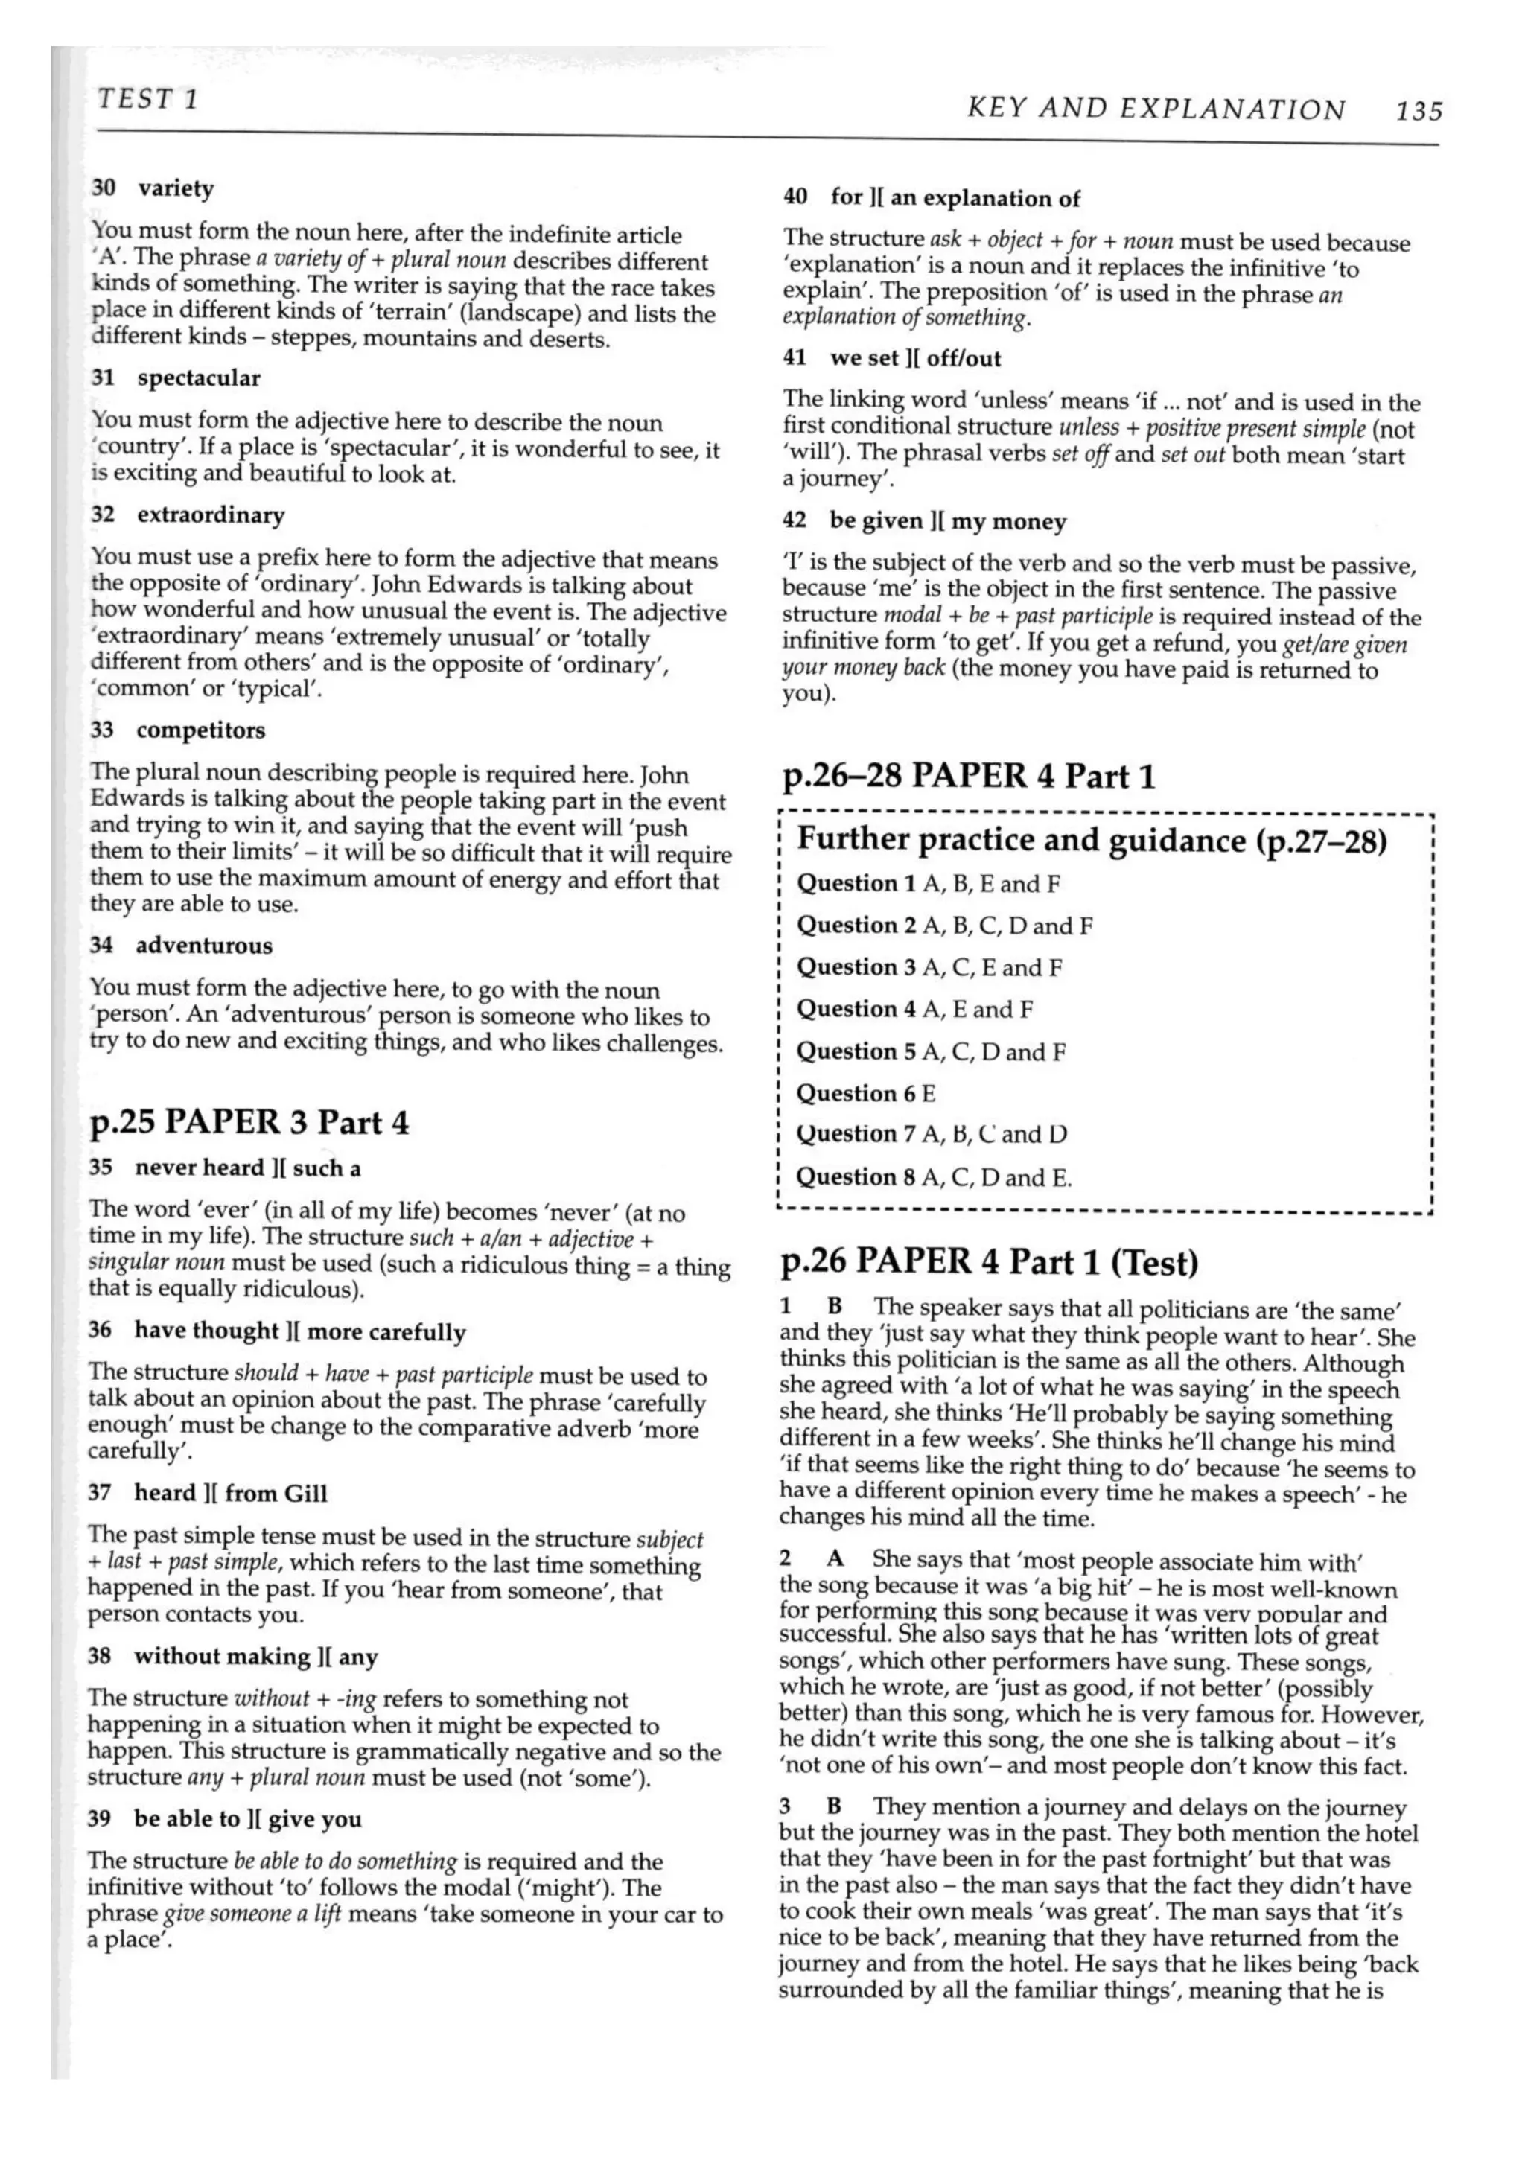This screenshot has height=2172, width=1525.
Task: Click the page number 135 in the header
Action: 1418,112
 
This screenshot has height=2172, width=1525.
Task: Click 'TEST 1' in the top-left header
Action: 147,98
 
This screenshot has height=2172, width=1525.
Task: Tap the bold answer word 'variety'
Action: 176,188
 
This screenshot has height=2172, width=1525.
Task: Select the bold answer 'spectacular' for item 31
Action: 199,378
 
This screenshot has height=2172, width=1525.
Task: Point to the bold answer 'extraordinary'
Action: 211,515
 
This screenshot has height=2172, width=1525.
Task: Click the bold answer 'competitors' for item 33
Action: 200,730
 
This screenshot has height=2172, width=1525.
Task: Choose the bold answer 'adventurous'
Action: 203,945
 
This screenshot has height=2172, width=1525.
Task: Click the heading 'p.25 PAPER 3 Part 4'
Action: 249,1122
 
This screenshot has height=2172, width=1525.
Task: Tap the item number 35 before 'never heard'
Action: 101,1168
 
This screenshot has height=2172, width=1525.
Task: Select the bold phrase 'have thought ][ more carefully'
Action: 300,1331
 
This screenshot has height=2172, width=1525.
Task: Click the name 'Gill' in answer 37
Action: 305,1494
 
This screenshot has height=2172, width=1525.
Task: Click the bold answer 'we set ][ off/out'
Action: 915,359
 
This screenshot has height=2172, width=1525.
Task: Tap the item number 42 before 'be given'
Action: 795,521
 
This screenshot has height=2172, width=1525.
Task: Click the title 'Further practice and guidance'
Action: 1022,840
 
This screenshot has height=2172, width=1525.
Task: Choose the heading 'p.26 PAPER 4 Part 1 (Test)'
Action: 989,1262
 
